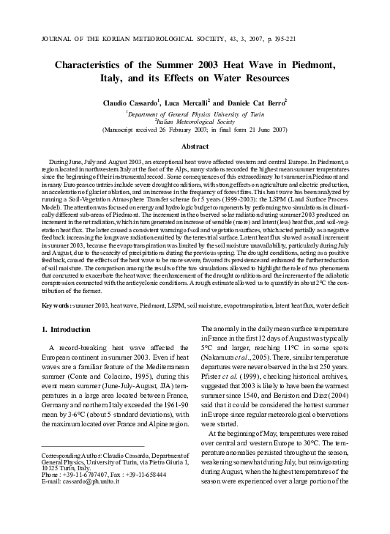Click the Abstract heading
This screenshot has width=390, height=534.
pos(195,146)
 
